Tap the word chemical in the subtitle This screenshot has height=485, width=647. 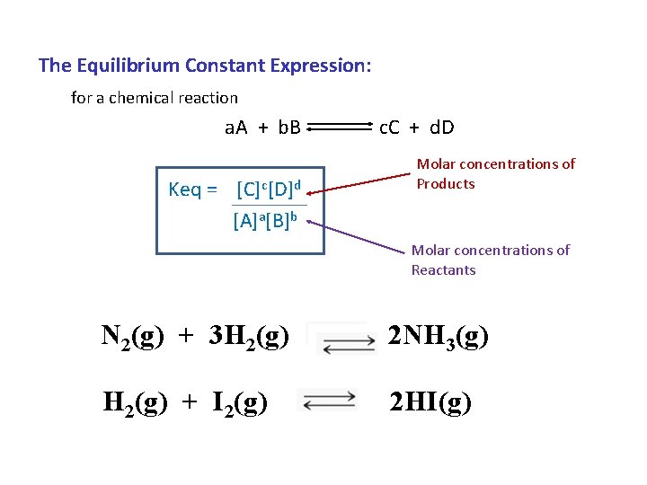pyautogui.click(x=141, y=98)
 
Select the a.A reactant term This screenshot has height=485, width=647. pyautogui.click(x=237, y=127)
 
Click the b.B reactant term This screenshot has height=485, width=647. pyautogui.click(x=289, y=127)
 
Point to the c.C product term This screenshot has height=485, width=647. pyautogui.click(x=390, y=127)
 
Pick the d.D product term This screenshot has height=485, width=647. pyautogui.click(x=441, y=127)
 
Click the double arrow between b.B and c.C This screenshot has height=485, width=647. pyautogui.click(x=340, y=128)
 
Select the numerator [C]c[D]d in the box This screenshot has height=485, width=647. pyautogui.click(x=268, y=190)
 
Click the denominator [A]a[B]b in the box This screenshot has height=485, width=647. pyautogui.click(x=265, y=220)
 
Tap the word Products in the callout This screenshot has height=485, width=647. pyautogui.click(x=446, y=184)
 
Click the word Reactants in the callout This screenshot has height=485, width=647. pyautogui.click(x=444, y=270)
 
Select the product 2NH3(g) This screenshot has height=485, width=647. pyautogui.click(x=439, y=336)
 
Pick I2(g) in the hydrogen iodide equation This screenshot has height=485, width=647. pyautogui.click(x=237, y=402)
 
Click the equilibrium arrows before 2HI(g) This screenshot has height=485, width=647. pyautogui.click(x=328, y=401)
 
